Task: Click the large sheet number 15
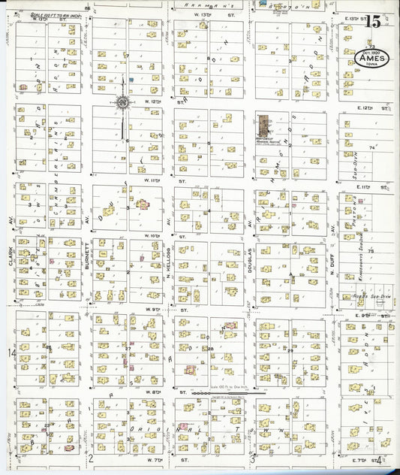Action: point(372,22)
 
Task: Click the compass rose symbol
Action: point(122,101)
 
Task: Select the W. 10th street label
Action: point(155,235)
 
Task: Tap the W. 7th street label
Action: point(155,458)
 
